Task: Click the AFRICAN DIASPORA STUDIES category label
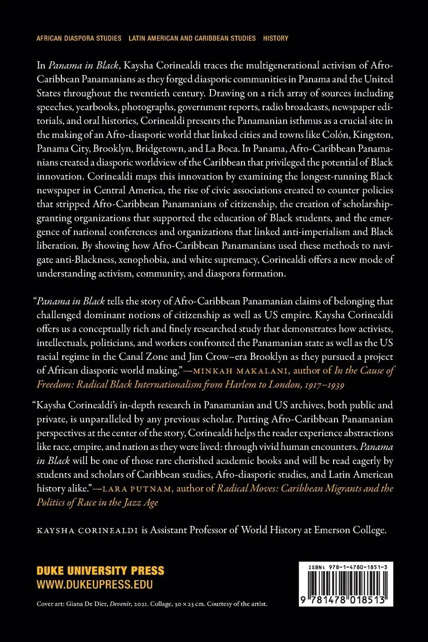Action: click(x=79, y=38)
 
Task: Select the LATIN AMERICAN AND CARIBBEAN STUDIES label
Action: click(x=192, y=38)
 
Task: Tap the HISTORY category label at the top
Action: click(x=276, y=38)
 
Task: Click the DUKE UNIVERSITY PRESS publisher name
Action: click(x=101, y=571)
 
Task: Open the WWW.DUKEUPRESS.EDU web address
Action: click(x=95, y=584)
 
